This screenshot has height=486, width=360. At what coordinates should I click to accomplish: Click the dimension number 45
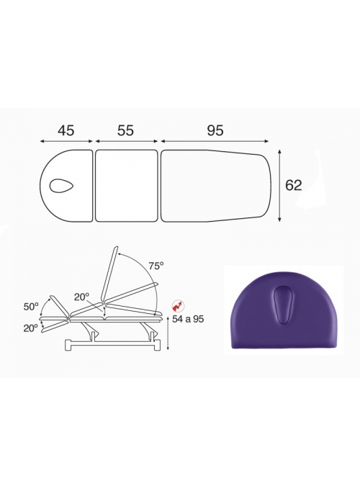(x=66, y=130)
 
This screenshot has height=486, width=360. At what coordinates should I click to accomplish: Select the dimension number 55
(x=125, y=130)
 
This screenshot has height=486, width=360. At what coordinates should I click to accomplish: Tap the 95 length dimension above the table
(x=215, y=130)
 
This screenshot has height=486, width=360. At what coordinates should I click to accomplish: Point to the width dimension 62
(x=293, y=185)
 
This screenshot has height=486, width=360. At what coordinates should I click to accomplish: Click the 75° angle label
(x=156, y=266)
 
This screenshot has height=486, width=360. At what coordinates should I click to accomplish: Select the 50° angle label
(x=31, y=307)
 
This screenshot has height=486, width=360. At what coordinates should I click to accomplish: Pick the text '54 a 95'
(x=188, y=319)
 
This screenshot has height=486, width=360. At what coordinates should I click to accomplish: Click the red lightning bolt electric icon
(x=179, y=306)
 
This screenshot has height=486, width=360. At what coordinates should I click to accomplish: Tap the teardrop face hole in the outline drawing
(x=61, y=186)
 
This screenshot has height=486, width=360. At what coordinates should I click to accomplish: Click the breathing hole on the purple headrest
(x=282, y=305)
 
